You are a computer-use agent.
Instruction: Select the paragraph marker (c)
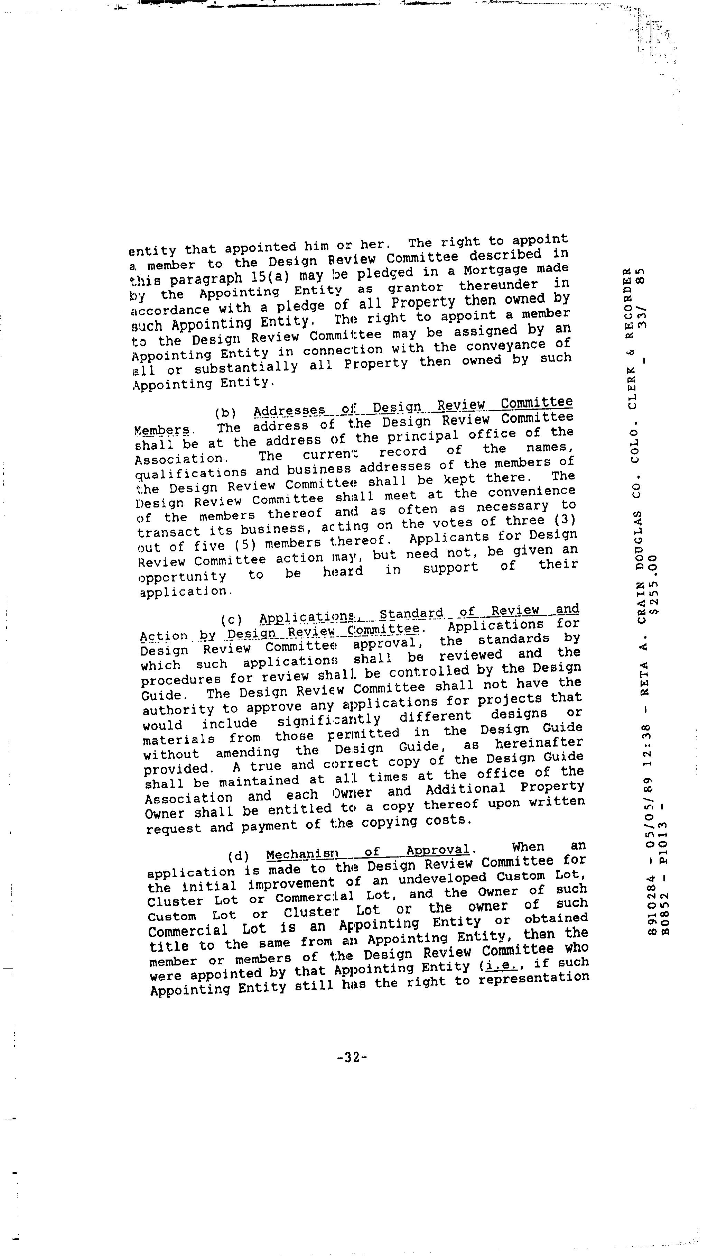[x=232, y=620]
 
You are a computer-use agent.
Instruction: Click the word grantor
[x=415, y=288]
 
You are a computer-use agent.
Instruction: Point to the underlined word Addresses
[x=289, y=411]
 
